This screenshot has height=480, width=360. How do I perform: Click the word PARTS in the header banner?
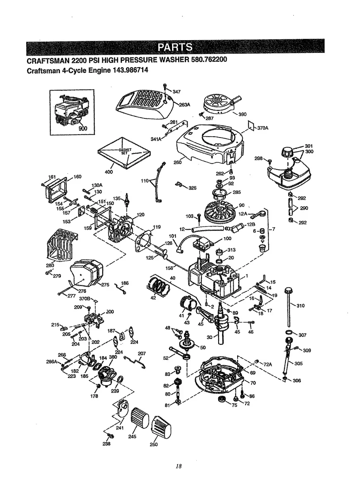tap(175, 48)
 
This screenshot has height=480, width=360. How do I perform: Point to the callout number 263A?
tap(185, 105)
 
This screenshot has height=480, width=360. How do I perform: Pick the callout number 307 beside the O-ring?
tap(302, 335)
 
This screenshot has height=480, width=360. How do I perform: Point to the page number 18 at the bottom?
tap(180, 466)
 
